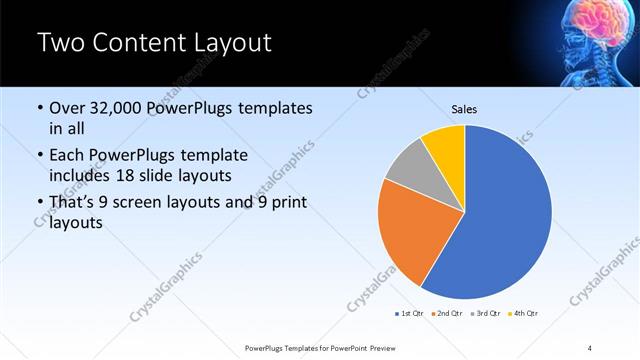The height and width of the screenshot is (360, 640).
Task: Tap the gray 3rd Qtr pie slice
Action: click(408, 170)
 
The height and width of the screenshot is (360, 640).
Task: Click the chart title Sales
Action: click(465, 107)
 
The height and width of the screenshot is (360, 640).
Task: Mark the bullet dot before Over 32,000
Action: click(39, 108)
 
